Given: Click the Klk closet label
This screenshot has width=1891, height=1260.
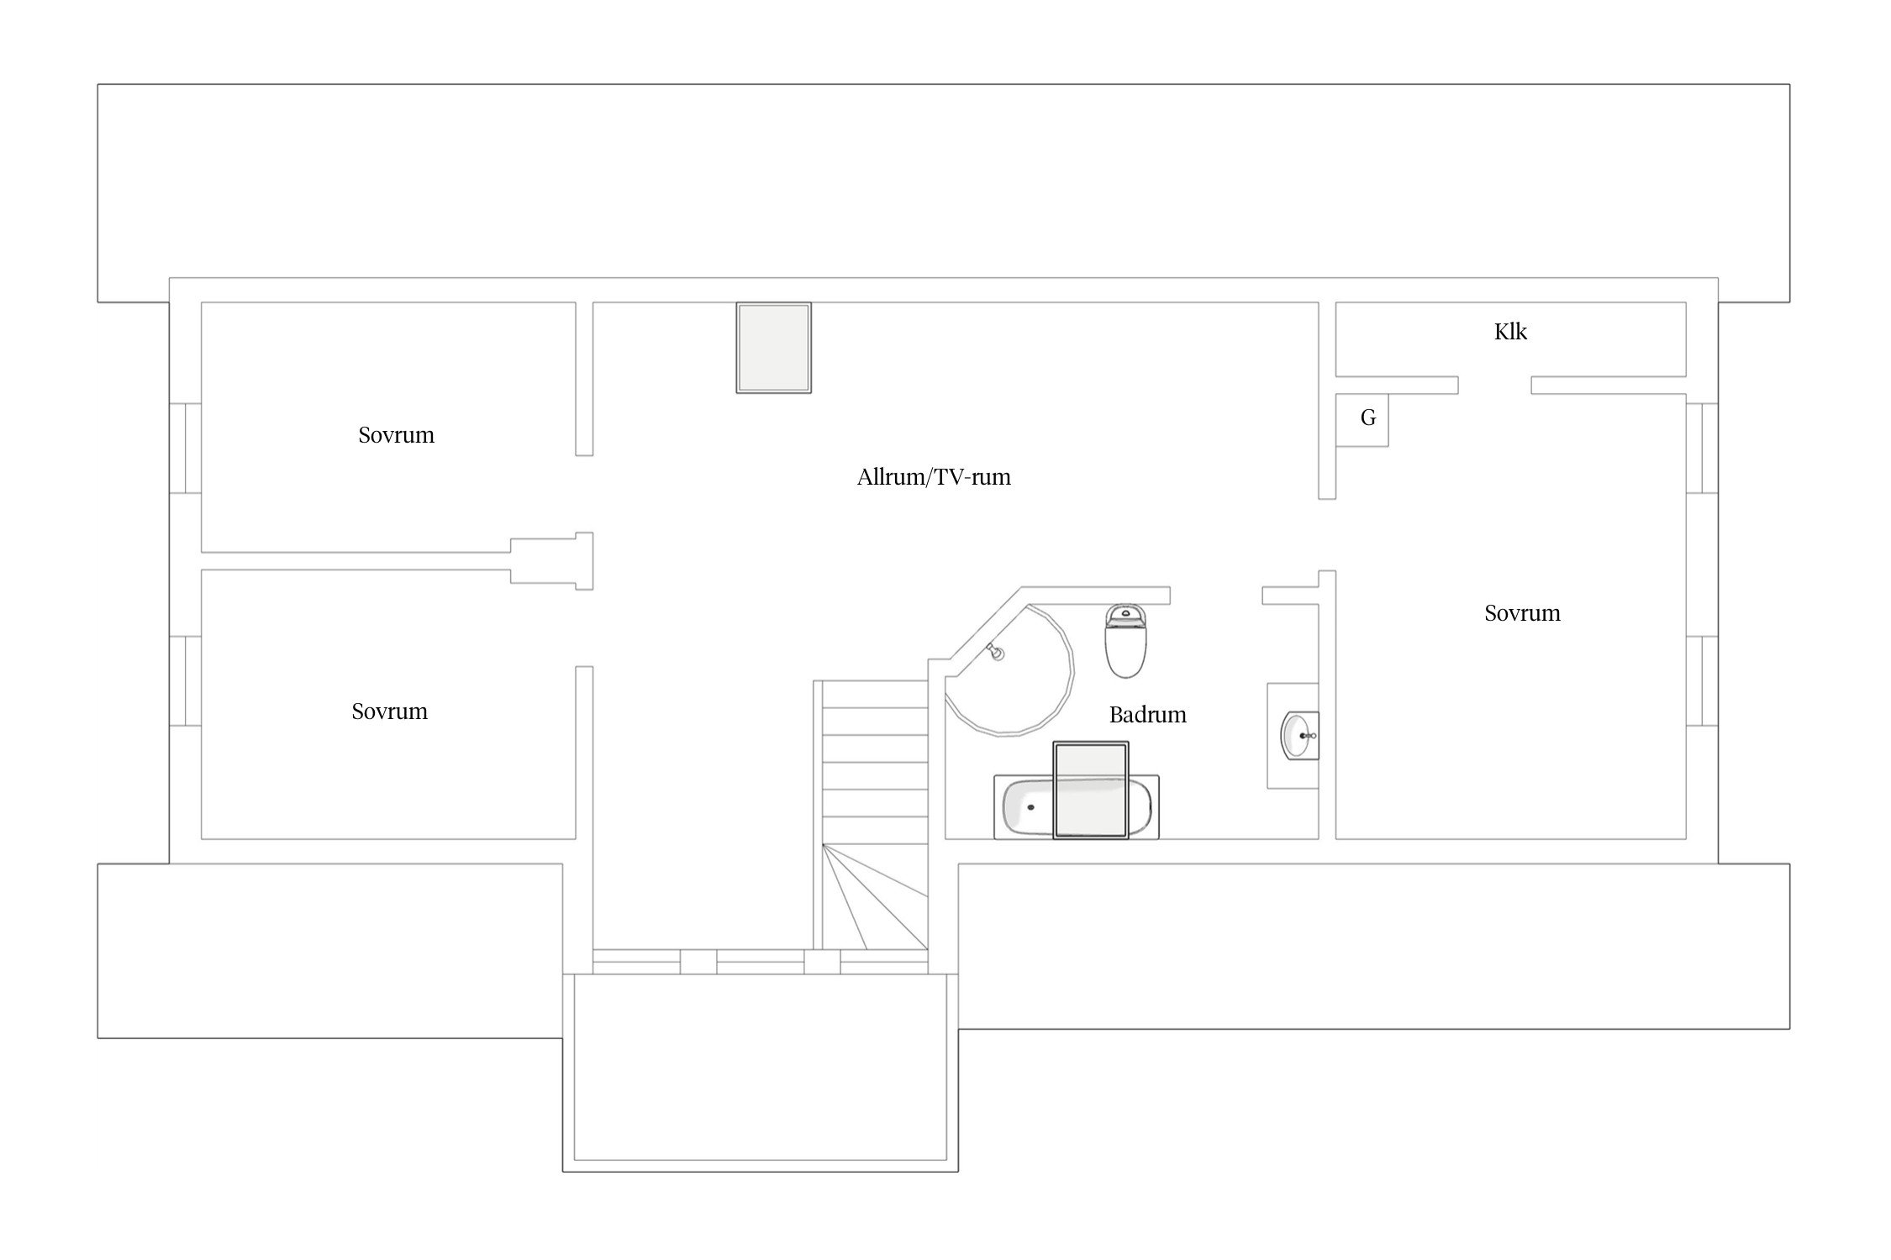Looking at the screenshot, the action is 1510,332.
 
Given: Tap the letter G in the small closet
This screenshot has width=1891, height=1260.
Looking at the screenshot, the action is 1368,417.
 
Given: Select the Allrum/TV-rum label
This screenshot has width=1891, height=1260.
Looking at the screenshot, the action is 934,477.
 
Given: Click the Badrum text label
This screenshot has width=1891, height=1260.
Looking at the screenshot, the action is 1147,715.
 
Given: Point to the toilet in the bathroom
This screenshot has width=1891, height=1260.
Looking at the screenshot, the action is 1125,641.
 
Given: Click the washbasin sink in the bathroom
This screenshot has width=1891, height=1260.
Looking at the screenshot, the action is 1299,735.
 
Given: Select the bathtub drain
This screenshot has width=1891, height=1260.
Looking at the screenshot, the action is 1030,807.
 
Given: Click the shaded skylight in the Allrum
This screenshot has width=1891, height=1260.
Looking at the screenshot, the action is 774,348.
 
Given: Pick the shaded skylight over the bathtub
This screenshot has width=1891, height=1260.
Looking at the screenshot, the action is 1091,790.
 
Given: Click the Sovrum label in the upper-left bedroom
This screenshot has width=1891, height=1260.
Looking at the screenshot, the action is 396,435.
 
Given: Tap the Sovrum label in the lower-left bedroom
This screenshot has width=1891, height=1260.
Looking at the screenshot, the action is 389,711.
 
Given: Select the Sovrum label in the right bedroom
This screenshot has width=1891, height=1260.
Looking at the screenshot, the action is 1522,613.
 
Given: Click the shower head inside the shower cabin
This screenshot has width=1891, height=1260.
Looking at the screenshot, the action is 997,652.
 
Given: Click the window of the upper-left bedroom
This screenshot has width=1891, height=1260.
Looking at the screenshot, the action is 185,449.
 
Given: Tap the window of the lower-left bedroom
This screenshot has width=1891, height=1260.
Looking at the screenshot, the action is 185,681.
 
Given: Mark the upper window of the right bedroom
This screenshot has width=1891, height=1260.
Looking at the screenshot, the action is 1702,449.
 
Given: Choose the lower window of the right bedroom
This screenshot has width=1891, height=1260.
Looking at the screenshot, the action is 1702,681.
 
